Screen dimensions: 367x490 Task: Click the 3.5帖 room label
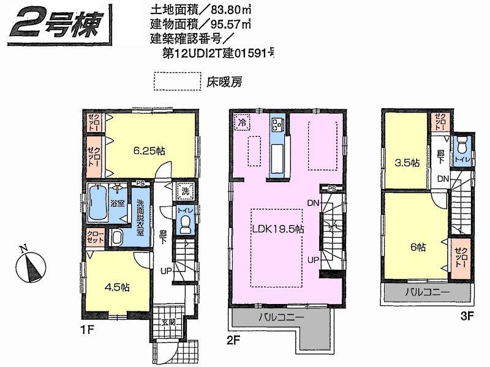click(405, 163)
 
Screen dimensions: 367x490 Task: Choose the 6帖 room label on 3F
click(418, 247)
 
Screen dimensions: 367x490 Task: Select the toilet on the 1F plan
click(185, 224)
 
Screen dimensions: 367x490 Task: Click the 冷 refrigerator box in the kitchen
click(241, 122)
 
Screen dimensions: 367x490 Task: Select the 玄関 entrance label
click(168, 323)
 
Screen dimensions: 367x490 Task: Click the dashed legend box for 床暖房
click(177, 81)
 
